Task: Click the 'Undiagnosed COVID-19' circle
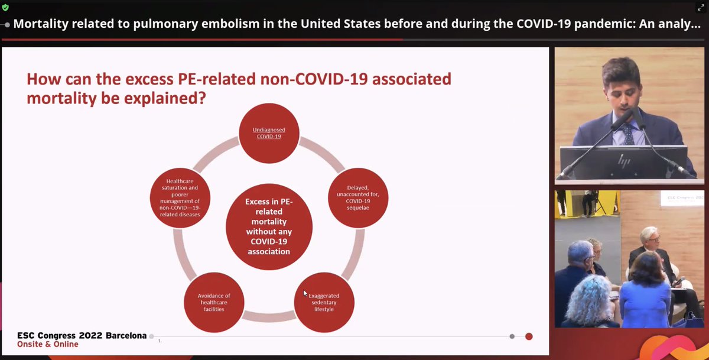269,132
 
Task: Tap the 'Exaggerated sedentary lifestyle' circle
324,301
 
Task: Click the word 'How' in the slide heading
44,79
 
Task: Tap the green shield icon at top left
5,8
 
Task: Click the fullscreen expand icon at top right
701,8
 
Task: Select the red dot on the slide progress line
529,336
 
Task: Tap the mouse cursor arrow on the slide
305,293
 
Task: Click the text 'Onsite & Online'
47,345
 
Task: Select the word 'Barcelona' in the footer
126,336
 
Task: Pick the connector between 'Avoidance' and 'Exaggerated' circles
269,317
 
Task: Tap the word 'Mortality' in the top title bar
41,24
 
